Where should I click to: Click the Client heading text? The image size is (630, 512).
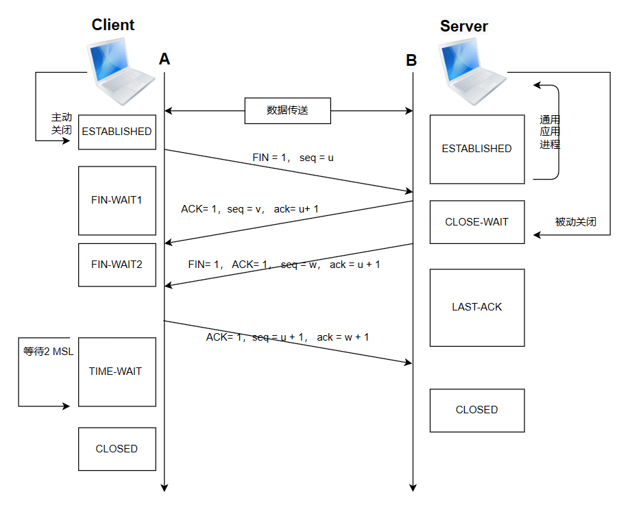[113, 25]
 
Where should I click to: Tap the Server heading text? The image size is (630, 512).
[463, 27]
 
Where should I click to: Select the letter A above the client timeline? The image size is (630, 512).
[165, 59]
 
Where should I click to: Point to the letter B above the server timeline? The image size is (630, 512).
[411, 60]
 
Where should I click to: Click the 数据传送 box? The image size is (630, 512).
[288, 110]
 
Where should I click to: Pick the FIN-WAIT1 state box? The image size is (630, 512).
[117, 200]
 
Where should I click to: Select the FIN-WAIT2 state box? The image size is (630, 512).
[117, 265]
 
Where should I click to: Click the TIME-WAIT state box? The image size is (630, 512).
[117, 372]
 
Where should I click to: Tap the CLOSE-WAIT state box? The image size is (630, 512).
[477, 222]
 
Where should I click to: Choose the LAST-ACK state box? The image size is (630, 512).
[477, 308]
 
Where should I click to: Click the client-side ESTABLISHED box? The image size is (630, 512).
[117, 132]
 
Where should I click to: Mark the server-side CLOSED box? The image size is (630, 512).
[477, 411]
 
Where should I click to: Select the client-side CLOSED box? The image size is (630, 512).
[117, 449]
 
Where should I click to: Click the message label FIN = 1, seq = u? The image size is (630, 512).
[293, 158]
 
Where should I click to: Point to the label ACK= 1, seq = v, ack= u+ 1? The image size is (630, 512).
[250, 209]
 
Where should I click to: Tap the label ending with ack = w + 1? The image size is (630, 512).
[287, 337]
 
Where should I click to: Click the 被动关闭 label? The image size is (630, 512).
[575, 221]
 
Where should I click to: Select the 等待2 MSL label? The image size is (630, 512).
[48, 352]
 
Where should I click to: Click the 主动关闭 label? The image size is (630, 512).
[62, 123]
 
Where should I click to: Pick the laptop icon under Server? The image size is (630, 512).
[472, 71]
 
